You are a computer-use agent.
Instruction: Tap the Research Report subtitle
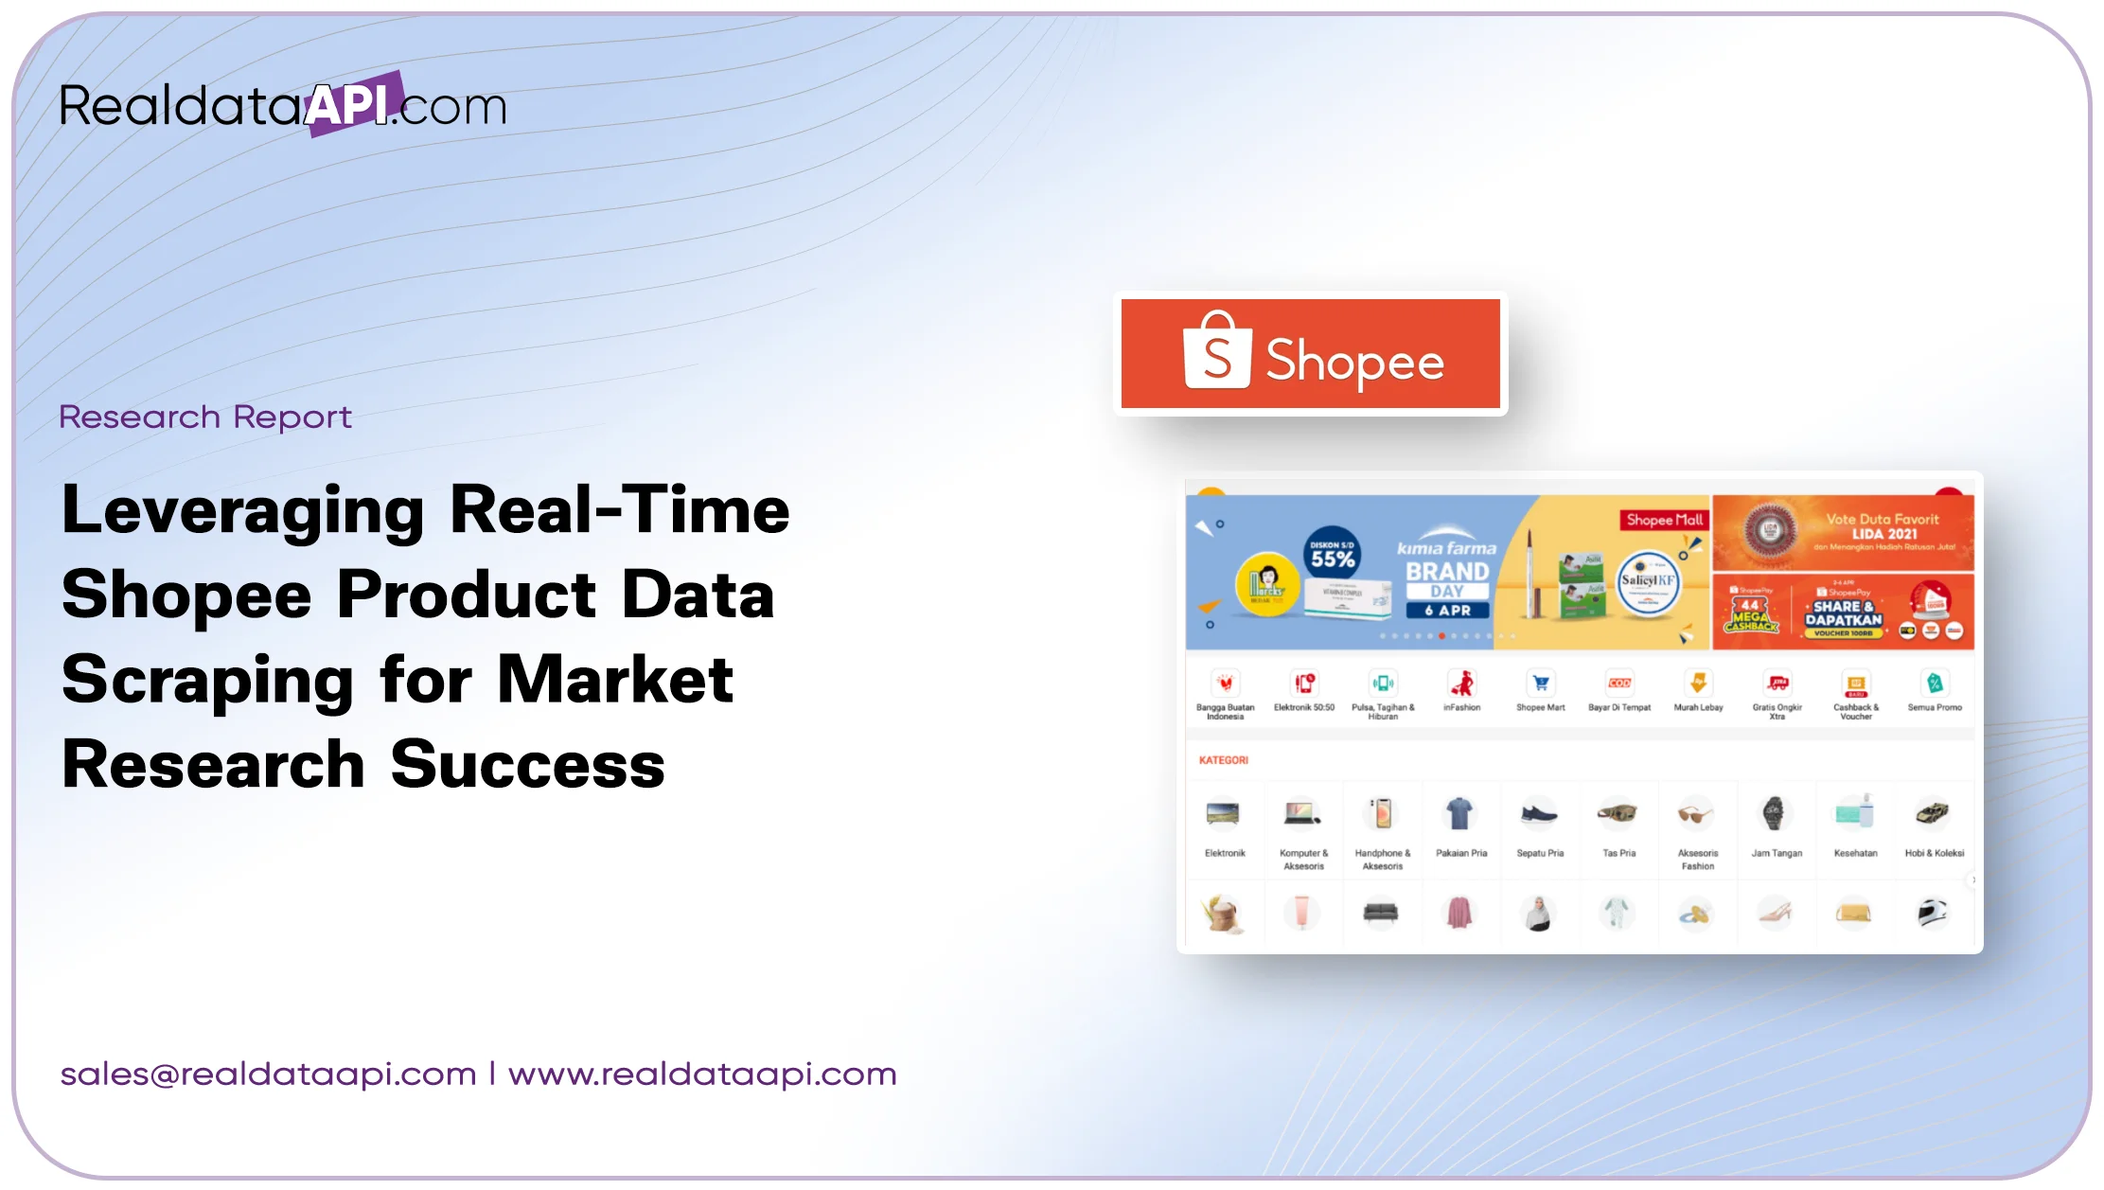pos(204,417)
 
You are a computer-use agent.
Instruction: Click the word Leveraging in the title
pos(242,510)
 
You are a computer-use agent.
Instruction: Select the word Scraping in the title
pos(207,681)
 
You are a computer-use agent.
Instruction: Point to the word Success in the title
pos(527,765)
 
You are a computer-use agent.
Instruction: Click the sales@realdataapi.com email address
pos(268,1075)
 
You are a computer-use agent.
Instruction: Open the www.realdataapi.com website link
pos(702,1075)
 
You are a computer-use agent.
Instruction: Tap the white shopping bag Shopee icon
pos(1217,351)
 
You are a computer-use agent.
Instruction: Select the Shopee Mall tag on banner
pos(1664,520)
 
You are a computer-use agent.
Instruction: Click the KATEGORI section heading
pos(1223,760)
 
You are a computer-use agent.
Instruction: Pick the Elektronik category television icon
pos(1224,813)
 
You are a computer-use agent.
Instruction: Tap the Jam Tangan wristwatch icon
pos(1775,813)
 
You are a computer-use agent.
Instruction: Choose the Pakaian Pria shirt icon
pos(1459,813)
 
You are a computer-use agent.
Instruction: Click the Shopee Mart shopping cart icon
pos(1541,684)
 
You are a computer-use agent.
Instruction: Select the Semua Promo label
pos(1934,707)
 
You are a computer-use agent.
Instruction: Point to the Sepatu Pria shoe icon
pos(1539,813)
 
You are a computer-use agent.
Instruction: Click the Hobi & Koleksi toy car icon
pos(1933,813)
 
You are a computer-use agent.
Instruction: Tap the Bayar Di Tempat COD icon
pos(1619,684)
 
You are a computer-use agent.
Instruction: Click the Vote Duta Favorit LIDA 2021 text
pos(1883,526)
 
